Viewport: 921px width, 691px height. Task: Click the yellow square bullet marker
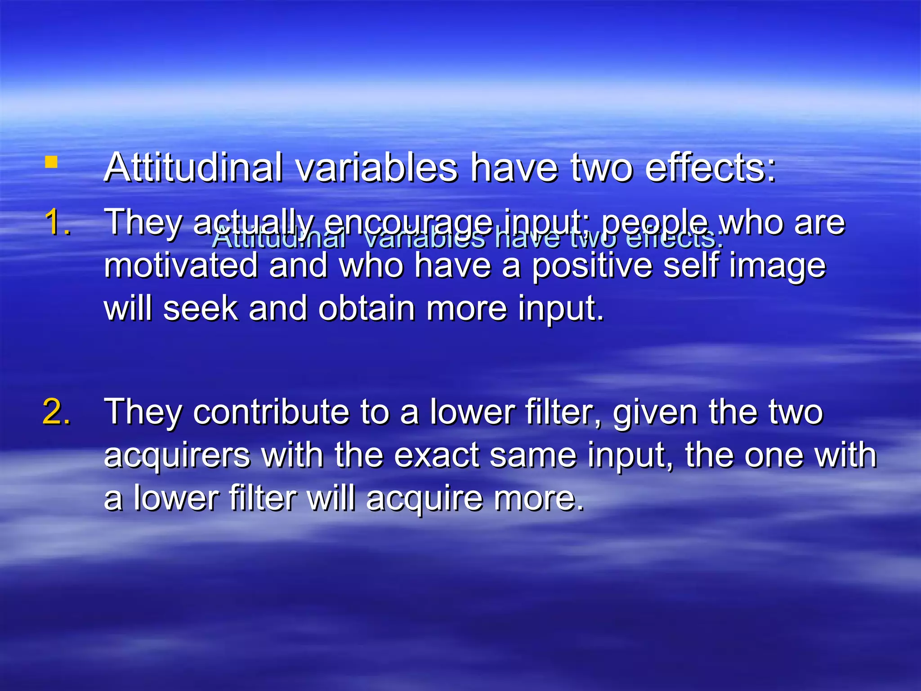(x=51, y=162)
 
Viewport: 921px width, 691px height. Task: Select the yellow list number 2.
(x=57, y=412)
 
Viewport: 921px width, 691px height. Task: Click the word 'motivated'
(x=181, y=265)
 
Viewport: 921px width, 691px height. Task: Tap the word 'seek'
(x=200, y=309)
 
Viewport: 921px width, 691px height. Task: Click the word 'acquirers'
(x=177, y=456)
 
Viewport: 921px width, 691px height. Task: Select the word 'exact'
(x=436, y=455)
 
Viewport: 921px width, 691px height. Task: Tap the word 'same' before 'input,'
(x=533, y=455)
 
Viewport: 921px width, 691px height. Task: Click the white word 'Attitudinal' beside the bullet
(x=193, y=167)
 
